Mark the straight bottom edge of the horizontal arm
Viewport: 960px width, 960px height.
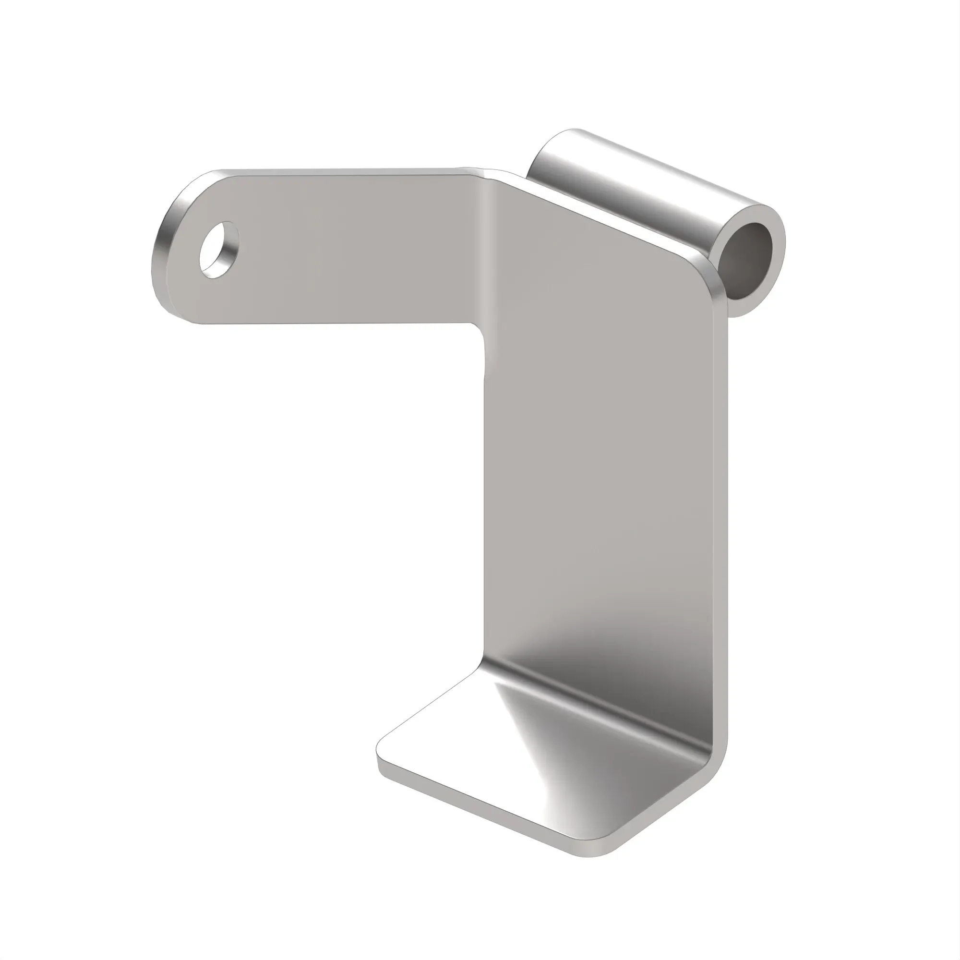(x=338, y=324)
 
